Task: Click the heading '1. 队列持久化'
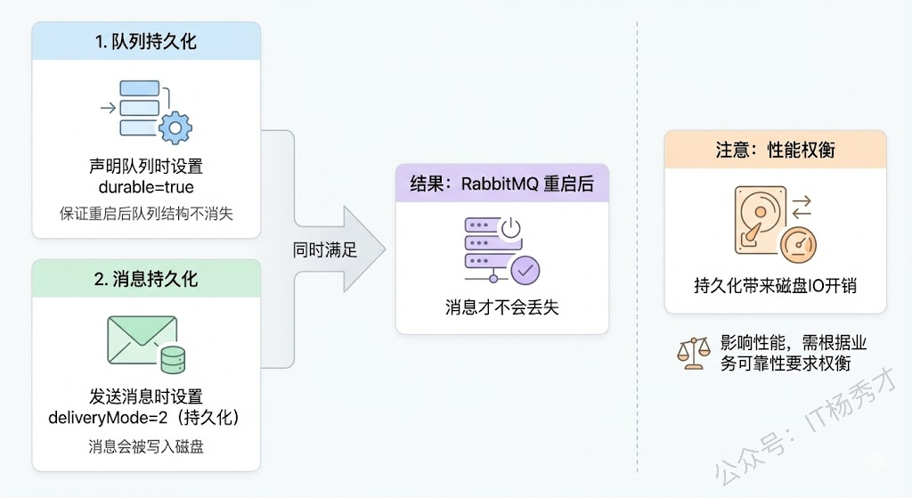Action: tap(147, 41)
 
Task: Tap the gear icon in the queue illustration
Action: tap(175, 127)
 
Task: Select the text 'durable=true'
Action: tap(147, 188)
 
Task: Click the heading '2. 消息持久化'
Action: tap(147, 279)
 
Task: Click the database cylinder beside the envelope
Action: tap(172, 360)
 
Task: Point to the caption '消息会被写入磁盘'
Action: tap(147, 445)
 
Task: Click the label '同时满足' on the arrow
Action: tap(325, 250)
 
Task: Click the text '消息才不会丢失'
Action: tap(502, 307)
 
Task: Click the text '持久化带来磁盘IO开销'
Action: tap(776, 286)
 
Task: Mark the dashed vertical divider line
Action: tap(638, 249)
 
